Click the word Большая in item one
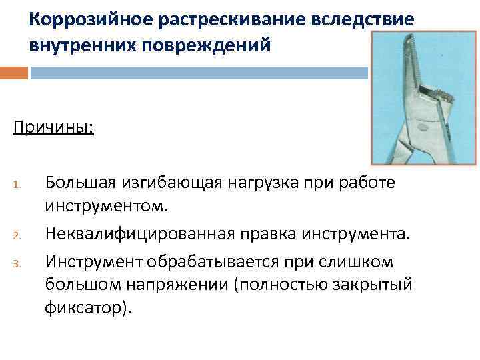point(80,181)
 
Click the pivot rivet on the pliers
point(422,125)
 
